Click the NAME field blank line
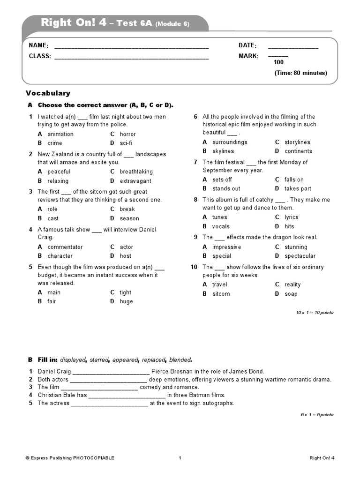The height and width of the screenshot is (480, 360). (x=131, y=47)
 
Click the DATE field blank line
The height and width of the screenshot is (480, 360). (x=293, y=47)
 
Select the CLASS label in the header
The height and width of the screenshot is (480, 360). (x=39, y=56)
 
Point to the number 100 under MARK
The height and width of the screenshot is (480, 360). (x=278, y=62)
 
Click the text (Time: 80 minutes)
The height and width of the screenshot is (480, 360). (x=300, y=73)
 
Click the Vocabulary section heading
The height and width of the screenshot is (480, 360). (x=48, y=93)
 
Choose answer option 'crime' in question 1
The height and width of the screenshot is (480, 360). (x=54, y=143)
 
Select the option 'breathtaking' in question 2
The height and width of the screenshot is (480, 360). (x=136, y=172)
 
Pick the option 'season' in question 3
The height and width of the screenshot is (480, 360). (x=129, y=218)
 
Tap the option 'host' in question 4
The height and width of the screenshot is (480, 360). (x=125, y=256)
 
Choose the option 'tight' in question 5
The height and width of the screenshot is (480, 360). (x=125, y=292)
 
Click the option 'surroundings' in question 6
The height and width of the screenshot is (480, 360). (x=230, y=142)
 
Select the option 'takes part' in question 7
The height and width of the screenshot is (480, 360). (x=298, y=188)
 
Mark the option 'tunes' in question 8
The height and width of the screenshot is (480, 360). (x=219, y=217)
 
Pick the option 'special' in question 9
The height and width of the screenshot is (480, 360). (x=222, y=256)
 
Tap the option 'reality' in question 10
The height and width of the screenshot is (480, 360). (x=292, y=285)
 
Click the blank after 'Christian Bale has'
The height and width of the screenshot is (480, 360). (x=127, y=395)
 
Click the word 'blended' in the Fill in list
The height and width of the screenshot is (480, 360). (x=180, y=360)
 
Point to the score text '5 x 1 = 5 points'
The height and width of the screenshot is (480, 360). (x=317, y=415)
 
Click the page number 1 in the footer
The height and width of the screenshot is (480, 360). (x=180, y=458)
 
